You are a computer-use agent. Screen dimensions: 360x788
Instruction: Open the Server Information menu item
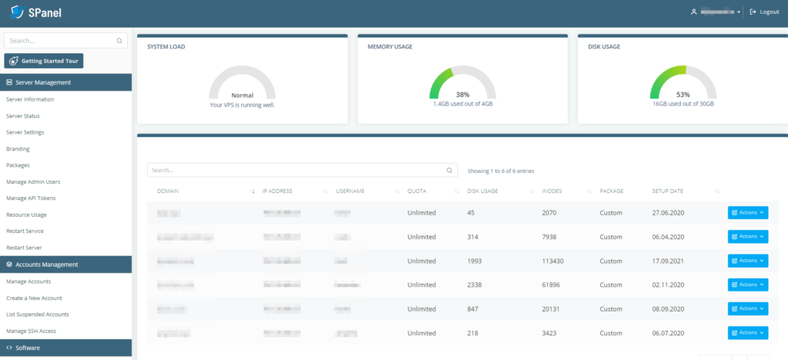(x=30, y=99)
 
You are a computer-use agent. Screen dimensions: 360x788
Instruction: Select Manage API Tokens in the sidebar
(x=31, y=198)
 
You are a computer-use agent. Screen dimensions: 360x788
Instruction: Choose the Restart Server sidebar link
(x=23, y=248)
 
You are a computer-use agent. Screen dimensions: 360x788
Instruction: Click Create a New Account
(x=34, y=298)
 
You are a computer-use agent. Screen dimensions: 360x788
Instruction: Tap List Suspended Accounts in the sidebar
(x=38, y=314)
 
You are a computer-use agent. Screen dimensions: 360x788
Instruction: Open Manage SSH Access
(x=31, y=331)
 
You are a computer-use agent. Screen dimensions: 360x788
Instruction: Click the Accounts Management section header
(x=46, y=265)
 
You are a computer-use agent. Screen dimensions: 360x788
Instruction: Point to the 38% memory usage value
(x=462, y=95)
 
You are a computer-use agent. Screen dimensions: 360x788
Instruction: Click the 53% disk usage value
(x=683, y=95)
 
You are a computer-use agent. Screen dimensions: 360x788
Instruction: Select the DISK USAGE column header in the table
(x=482, y=191)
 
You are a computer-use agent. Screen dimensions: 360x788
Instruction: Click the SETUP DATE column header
(x=668, y=191)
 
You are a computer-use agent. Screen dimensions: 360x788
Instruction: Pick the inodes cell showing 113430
(x=553, y=261)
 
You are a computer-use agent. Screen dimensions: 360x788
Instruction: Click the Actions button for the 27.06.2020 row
(x=747, y=213)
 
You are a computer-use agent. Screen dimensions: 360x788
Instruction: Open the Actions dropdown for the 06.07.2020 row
(x=747, y=333)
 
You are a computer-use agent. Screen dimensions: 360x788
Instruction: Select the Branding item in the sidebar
(x=18, y=149)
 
